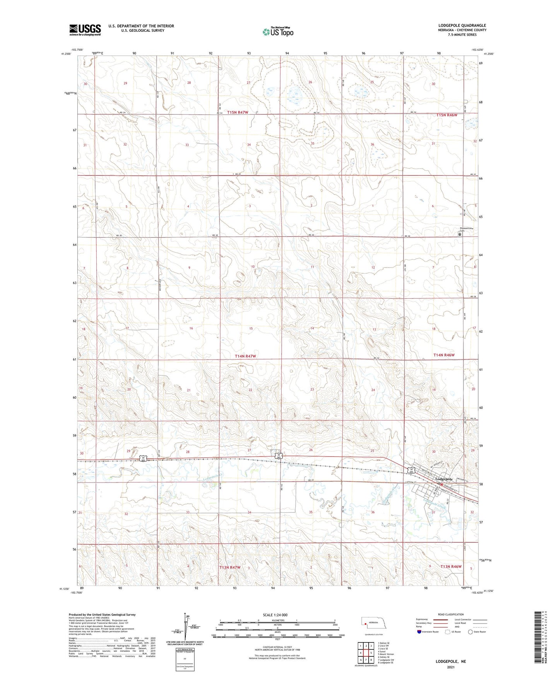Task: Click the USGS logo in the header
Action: [x=85, y=30]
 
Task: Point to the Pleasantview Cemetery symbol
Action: [x=460, y=234]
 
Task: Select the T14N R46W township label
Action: [x=444, y=355]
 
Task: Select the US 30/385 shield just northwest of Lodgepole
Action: [x=413, y=470]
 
